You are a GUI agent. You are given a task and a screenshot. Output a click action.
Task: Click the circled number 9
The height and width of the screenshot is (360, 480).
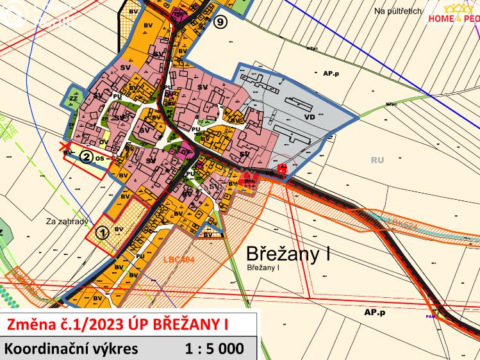click(x=221, y=22)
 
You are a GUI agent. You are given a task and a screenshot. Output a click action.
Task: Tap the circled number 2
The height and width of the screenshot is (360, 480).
click(x=84, y=155)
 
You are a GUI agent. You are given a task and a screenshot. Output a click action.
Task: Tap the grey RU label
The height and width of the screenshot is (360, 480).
click(x=377, y=160)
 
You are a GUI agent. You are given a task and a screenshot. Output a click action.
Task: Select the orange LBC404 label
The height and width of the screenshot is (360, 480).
click(x=179, y=260)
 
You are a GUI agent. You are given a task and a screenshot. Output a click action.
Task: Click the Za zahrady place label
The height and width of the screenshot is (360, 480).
click(x=67, y=222)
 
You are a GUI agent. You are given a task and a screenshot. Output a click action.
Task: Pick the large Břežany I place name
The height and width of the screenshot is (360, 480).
click(x=288, y=254)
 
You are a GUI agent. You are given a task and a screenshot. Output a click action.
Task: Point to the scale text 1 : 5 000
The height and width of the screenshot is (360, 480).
click(x=214, y=349)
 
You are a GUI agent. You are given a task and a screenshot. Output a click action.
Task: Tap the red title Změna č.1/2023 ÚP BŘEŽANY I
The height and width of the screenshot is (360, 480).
click(x=117, y=325)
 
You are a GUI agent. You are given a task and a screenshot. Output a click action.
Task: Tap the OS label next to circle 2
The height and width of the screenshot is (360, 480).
click(x=101, y=156)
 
